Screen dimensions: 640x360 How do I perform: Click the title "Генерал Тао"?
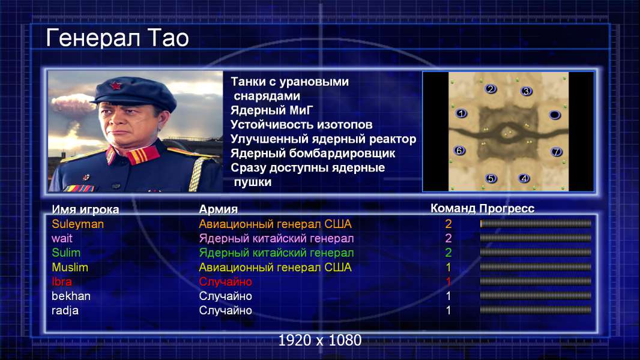pos(117,38)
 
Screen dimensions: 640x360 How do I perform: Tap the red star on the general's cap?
pos(115,86)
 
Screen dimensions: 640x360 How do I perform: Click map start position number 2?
pos(491,89)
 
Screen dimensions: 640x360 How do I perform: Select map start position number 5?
pos(491,178)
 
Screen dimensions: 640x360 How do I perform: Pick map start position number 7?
pos(556,152)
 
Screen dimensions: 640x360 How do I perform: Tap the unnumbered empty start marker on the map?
pos(554,115)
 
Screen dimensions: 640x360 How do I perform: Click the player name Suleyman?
pos(77,224)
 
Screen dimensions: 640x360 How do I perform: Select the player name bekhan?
pos(71,296)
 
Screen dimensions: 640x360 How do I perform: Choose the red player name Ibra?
pos(62,282)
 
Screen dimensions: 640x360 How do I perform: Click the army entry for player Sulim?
pos(276,253)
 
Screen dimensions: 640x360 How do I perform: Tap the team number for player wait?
pos(448,238)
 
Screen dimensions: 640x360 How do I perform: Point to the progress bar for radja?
pos(536,310)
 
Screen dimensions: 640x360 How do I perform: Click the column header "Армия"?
pos(218,209)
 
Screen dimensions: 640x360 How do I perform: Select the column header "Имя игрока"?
pos(85,209)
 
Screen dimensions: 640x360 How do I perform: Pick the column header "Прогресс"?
pos(507,208)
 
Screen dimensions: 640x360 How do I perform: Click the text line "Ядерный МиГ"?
pos(271,110)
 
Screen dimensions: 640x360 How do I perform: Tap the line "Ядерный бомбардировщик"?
pos(313,153)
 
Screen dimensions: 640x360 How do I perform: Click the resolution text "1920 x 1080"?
pos(319,340)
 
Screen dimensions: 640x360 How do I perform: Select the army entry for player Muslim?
pos(275,268)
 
